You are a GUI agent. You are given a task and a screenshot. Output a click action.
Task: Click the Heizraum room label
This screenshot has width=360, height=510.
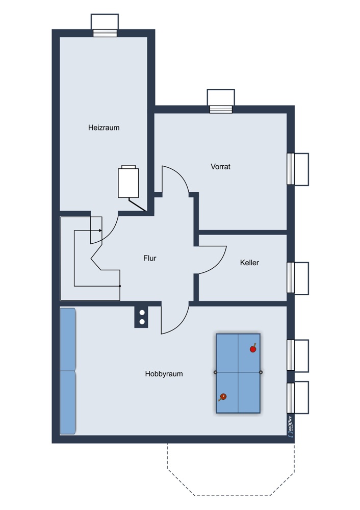(x=104, y=127)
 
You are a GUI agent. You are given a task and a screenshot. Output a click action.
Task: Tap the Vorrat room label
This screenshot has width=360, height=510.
(x=220, y=167)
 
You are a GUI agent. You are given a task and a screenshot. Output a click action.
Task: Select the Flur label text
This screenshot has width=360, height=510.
(x=149, y=258)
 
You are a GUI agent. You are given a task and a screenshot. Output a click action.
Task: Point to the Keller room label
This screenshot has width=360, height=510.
(x=249, y=263)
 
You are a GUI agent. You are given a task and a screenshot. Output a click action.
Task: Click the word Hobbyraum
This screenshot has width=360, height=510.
(x=164, y=374)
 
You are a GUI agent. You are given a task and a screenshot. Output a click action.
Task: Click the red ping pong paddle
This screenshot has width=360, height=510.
(x=253, y=349)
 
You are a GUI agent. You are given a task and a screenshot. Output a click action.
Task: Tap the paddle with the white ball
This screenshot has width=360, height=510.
(x=222, y=397)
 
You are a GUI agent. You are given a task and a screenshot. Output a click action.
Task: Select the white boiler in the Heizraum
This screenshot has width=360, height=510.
(x=128, y=181)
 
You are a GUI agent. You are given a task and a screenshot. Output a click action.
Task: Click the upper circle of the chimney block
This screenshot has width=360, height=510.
(x=142, y=313)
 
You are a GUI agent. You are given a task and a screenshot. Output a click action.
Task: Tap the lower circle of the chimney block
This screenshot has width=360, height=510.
(x=142, y=322)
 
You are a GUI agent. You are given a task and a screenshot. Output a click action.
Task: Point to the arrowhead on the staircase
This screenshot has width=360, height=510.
(x=100, y=231)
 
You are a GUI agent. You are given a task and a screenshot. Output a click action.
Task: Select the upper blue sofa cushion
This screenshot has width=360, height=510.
(x=68, y=339)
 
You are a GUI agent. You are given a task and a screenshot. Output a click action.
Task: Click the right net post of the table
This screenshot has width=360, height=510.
(x=261, y=372)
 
